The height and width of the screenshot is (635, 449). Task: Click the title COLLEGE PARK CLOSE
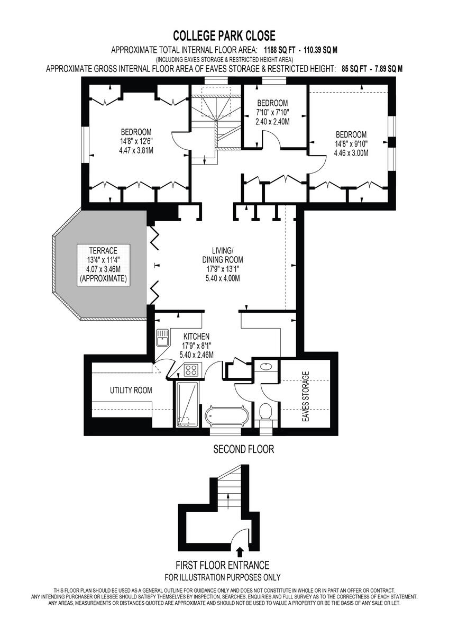(224, 36)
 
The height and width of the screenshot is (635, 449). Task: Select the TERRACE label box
(104, 265)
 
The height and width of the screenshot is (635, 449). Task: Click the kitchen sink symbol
(162, 338)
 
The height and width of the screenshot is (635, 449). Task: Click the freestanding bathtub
(227, 416)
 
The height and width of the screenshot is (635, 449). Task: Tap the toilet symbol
(267, 411)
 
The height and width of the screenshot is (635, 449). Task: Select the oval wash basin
(266, 366)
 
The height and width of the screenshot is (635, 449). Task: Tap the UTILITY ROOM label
(131, 391)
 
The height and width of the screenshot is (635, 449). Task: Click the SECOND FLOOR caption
(243, 449)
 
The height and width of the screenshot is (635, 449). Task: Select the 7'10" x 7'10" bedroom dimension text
(272, 112)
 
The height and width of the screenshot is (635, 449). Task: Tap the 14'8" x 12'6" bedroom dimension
(136, 141)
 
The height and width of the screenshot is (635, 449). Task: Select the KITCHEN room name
(196, 336)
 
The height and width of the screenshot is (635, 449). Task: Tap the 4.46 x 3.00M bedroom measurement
(351, 153)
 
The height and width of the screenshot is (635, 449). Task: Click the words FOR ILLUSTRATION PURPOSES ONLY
(223, 577)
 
